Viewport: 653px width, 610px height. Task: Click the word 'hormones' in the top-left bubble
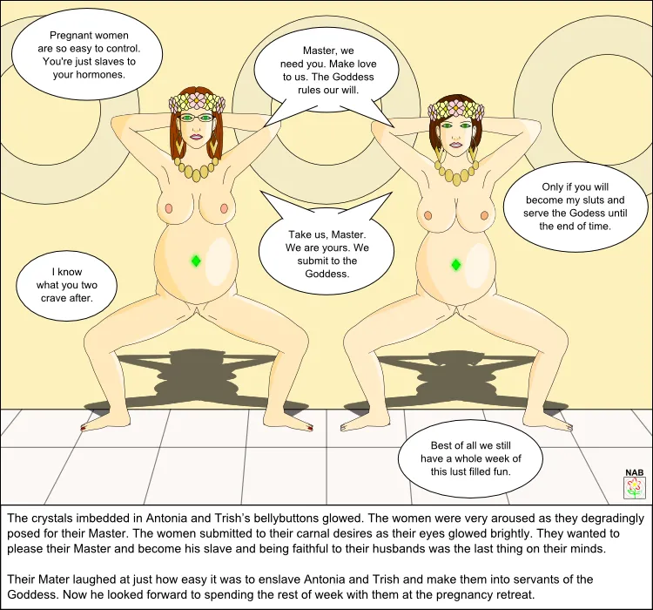[x=100, y=75]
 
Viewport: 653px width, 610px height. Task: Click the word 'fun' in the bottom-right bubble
[x=501, y=471]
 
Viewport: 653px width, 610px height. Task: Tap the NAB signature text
[x=634, y=472]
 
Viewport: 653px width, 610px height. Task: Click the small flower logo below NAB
[x=634, y=488]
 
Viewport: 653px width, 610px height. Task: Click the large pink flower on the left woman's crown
[x=197, y=99]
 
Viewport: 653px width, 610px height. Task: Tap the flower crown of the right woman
[x=456, y=110]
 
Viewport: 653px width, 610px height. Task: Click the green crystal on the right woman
[x=456, y=264]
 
